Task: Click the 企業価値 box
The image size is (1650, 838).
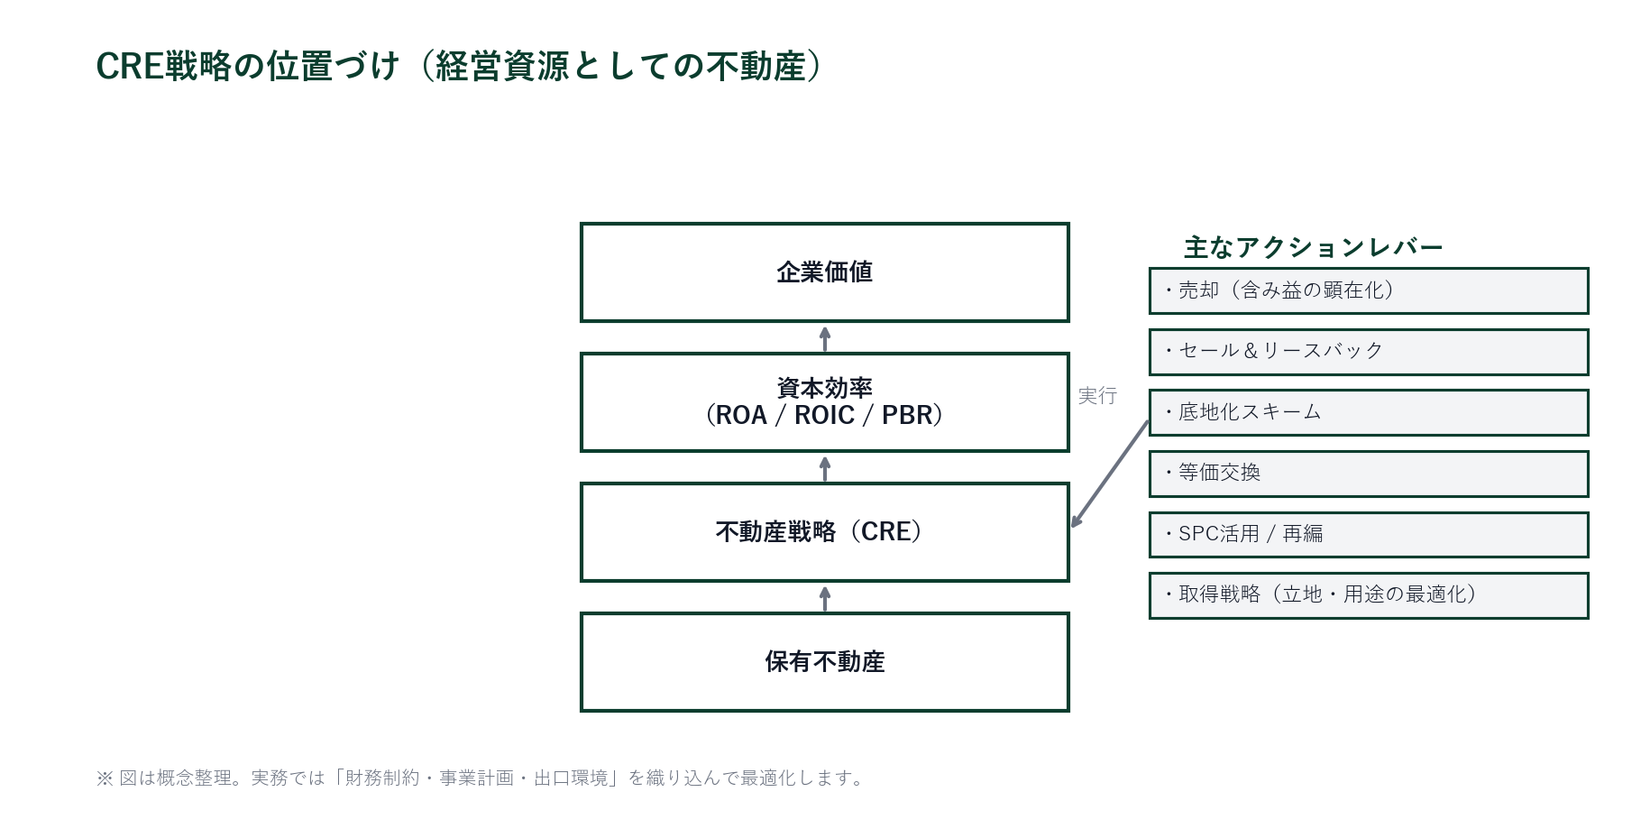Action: (824, 272)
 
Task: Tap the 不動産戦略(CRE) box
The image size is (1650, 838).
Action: (824, 532)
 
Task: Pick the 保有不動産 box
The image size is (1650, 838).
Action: (824, 662)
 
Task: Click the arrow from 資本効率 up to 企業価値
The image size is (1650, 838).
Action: (824, 338)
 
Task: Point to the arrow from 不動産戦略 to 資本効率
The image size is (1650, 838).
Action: (824, 468)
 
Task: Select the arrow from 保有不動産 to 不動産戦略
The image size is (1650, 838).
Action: (824, 598)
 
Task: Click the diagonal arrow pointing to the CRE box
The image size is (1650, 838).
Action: (1110, 473)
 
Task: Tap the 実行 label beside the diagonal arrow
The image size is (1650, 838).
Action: (1097, 396)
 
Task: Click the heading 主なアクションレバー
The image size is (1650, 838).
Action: (1313, 247)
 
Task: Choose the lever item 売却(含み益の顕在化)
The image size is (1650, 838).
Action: (1368, 290)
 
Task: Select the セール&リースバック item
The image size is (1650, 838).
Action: (1368, 352)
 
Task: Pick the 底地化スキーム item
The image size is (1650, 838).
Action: (1368, 412)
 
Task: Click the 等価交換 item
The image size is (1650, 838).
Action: (1368, 474)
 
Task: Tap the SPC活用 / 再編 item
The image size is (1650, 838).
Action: (1368, 534)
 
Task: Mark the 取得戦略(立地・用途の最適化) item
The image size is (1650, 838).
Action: (1368, 595)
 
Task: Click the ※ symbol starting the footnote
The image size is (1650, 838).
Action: (105, 778)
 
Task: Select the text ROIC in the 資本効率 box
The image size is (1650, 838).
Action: (824, 416)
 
